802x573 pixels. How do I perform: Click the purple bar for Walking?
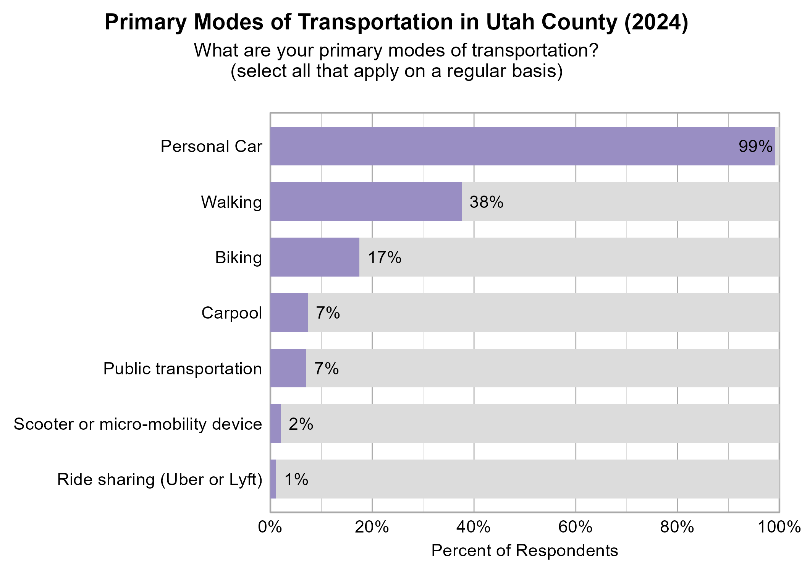(x=366, y=202)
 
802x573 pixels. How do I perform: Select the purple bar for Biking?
(x=315, y=257)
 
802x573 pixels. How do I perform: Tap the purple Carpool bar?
(x=289, y=312)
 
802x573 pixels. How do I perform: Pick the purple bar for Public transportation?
(x=288, y=368)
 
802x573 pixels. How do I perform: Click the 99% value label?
(x=755, y=147)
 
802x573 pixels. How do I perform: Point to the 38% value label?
(x=486, y=202)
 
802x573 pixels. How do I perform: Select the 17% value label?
(x=384, y=257)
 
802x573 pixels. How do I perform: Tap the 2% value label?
(x=301, y=424)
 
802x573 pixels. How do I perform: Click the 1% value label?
(x=296, y=479)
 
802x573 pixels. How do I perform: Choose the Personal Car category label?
(x=211, y=147)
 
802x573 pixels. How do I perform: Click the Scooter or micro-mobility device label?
(x=138, y=424)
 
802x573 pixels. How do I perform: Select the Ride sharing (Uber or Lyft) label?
(x=160, y=480)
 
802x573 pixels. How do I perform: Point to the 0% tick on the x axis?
(x=270, y=528)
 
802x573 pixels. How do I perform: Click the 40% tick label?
(x=474, y=528)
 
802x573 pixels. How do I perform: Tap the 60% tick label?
(x=576, y=528)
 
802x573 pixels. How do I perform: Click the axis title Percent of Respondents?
(x=524, y=551)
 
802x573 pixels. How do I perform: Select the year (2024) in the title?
(x=656, y=22)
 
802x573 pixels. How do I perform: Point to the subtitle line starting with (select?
(x=396, y=71)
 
